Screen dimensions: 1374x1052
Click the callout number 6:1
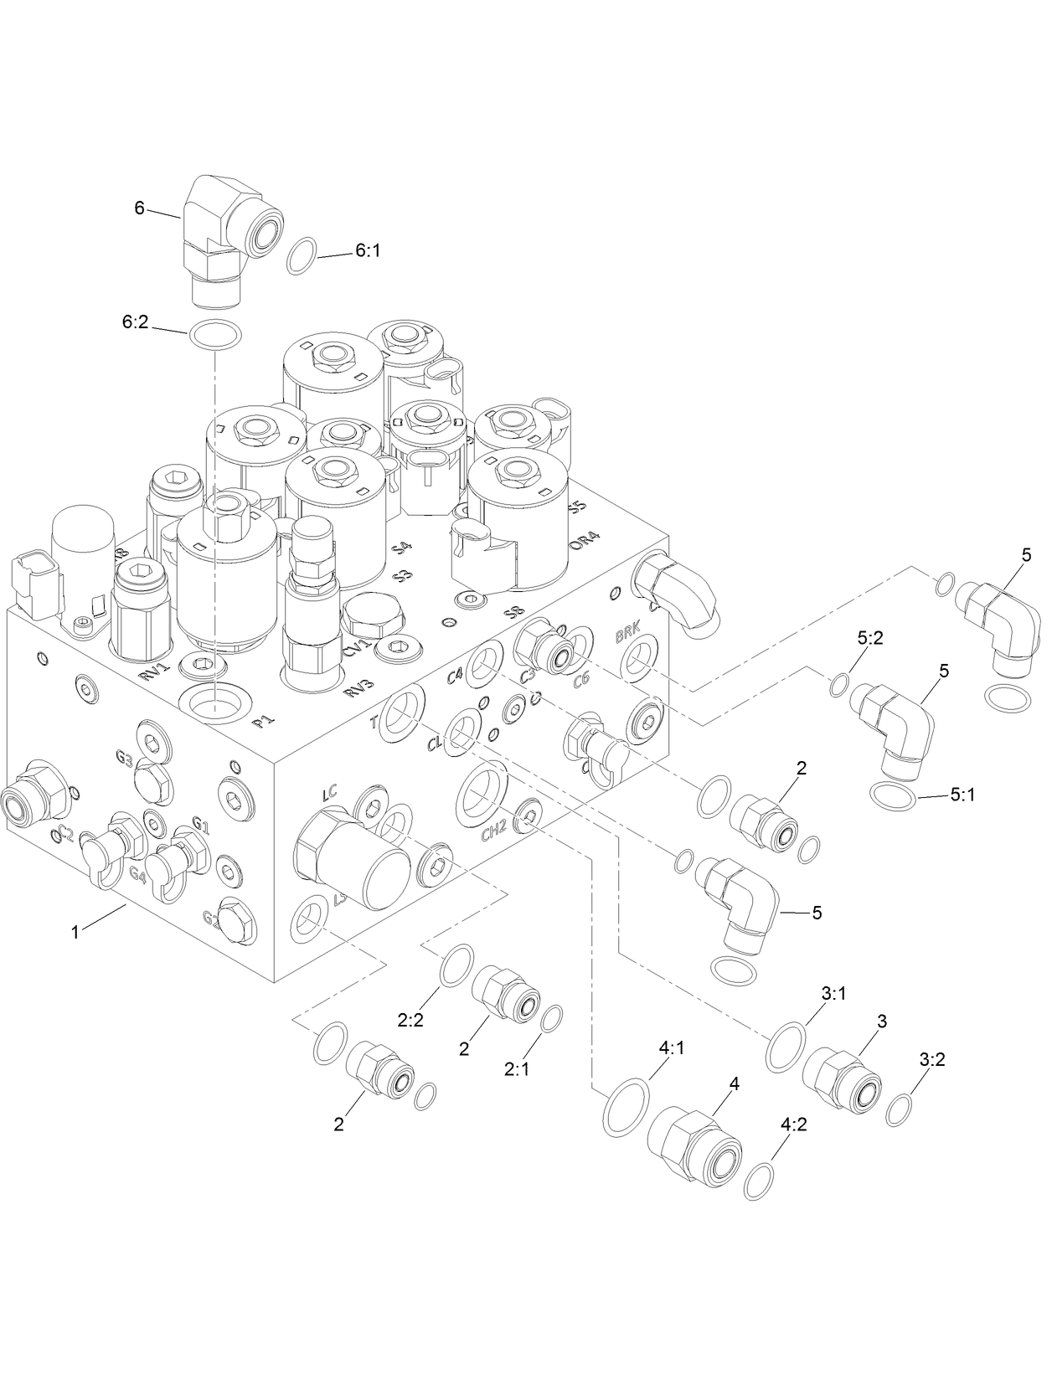pos(368,250)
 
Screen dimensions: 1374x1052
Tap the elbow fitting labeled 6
pos(225,237)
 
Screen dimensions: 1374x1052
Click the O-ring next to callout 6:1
pos(302,255)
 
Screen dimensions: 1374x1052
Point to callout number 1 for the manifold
pos(75,931)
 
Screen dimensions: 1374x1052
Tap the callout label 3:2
pos(931,1058)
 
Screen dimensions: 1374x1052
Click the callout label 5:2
pos(870,637)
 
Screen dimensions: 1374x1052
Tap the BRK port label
pos(627,636)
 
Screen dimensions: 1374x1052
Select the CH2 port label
pos(494,831)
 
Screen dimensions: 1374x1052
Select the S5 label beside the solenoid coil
pos(576,507)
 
